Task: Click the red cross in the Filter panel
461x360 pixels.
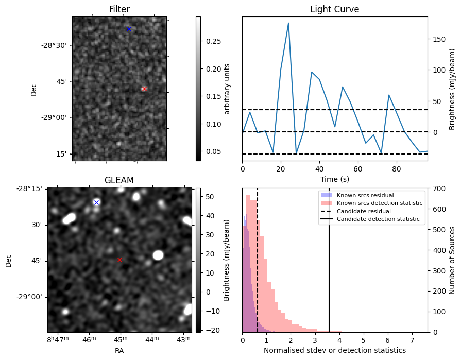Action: [144, 89]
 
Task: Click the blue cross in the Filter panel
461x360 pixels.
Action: [129, 29]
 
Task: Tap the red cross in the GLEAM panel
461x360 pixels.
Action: [120, 260]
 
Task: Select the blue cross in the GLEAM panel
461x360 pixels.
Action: [96, 202]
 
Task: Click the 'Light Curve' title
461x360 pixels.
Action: [334, 9]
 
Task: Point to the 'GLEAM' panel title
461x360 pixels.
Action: [119, 180]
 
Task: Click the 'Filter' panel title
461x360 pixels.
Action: [119, 9]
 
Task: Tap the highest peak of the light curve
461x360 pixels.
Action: [288, 23]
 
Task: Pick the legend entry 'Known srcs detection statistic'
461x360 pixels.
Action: [379, 203]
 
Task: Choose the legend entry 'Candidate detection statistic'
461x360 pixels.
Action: [378, 219]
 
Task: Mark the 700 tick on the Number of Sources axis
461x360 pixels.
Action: [437, 188]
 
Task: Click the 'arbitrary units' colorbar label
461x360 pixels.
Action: [227, 89]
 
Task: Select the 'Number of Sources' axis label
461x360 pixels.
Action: [452, 260]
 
